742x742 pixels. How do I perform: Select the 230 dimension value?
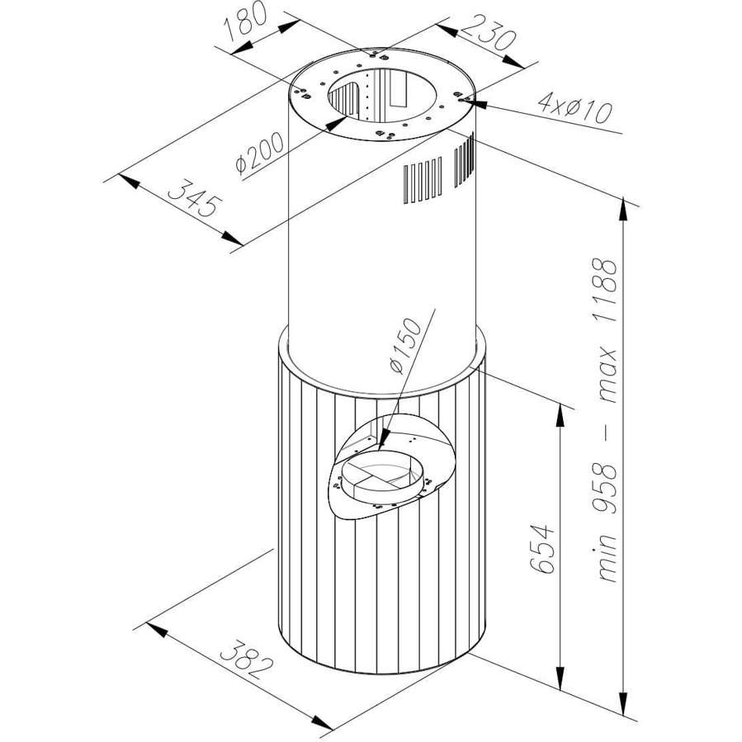tap(488, 33)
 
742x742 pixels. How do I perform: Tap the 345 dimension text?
tap(195, 197)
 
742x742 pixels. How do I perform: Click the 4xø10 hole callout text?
tap(575, 108)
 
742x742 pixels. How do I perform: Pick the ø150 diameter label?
tap(404, 345)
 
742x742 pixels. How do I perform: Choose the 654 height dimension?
tap(541, 549)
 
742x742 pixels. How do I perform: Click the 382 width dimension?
tap(247, 659)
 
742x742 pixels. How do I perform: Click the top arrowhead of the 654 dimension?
tap(560, 403)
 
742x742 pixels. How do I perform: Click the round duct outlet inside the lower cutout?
tap(379, 475)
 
